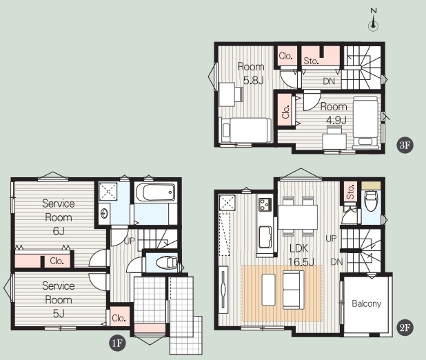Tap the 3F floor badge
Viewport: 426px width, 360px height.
405,146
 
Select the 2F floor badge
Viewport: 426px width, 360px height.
405,328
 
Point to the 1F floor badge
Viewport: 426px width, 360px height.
117,343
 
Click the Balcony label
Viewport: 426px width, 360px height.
366,303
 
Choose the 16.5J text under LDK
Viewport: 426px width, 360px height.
301,262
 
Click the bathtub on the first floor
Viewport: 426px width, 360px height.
156,192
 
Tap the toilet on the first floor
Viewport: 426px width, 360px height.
166,263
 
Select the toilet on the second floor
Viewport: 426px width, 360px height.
371,200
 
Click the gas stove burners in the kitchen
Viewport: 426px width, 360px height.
265,204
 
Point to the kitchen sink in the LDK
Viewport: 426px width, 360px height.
265,237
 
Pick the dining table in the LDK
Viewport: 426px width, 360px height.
298,217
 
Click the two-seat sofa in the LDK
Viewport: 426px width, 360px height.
293,290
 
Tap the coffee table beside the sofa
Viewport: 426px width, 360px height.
268,290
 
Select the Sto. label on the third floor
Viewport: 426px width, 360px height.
311,61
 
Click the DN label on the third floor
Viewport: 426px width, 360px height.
329,81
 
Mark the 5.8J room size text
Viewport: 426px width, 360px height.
253,81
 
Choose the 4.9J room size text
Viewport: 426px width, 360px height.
336,120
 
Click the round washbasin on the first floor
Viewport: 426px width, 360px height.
104,213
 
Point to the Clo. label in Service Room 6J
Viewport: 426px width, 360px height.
57,261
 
